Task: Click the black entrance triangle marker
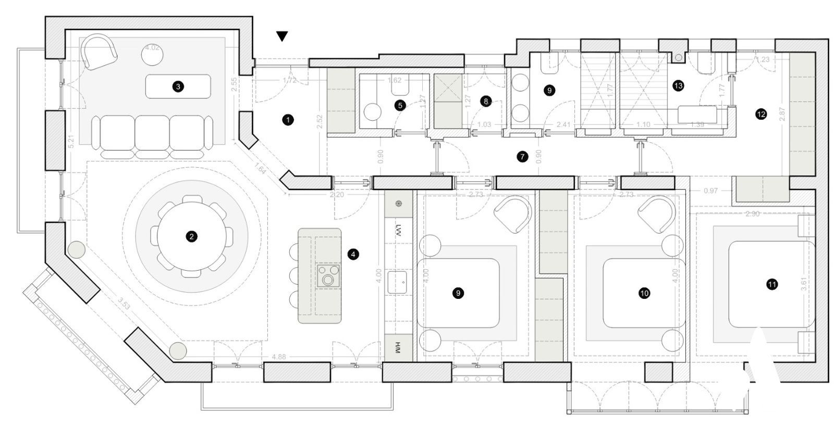[x=282, y=36]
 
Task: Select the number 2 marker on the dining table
[x=192, y=236]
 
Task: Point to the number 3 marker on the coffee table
[x=178, y=87]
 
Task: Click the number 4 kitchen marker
[x=353, y=255]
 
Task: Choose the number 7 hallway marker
[x=522, y=156]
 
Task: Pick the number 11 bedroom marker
[x=772, y=284]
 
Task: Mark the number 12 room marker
[x=761, y=114]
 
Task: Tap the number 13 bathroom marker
[x=678, y=86]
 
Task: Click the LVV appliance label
[x=399, y=230]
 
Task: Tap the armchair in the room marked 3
[x=100, y=52]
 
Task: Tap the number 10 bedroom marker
[x=644, y=294]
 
